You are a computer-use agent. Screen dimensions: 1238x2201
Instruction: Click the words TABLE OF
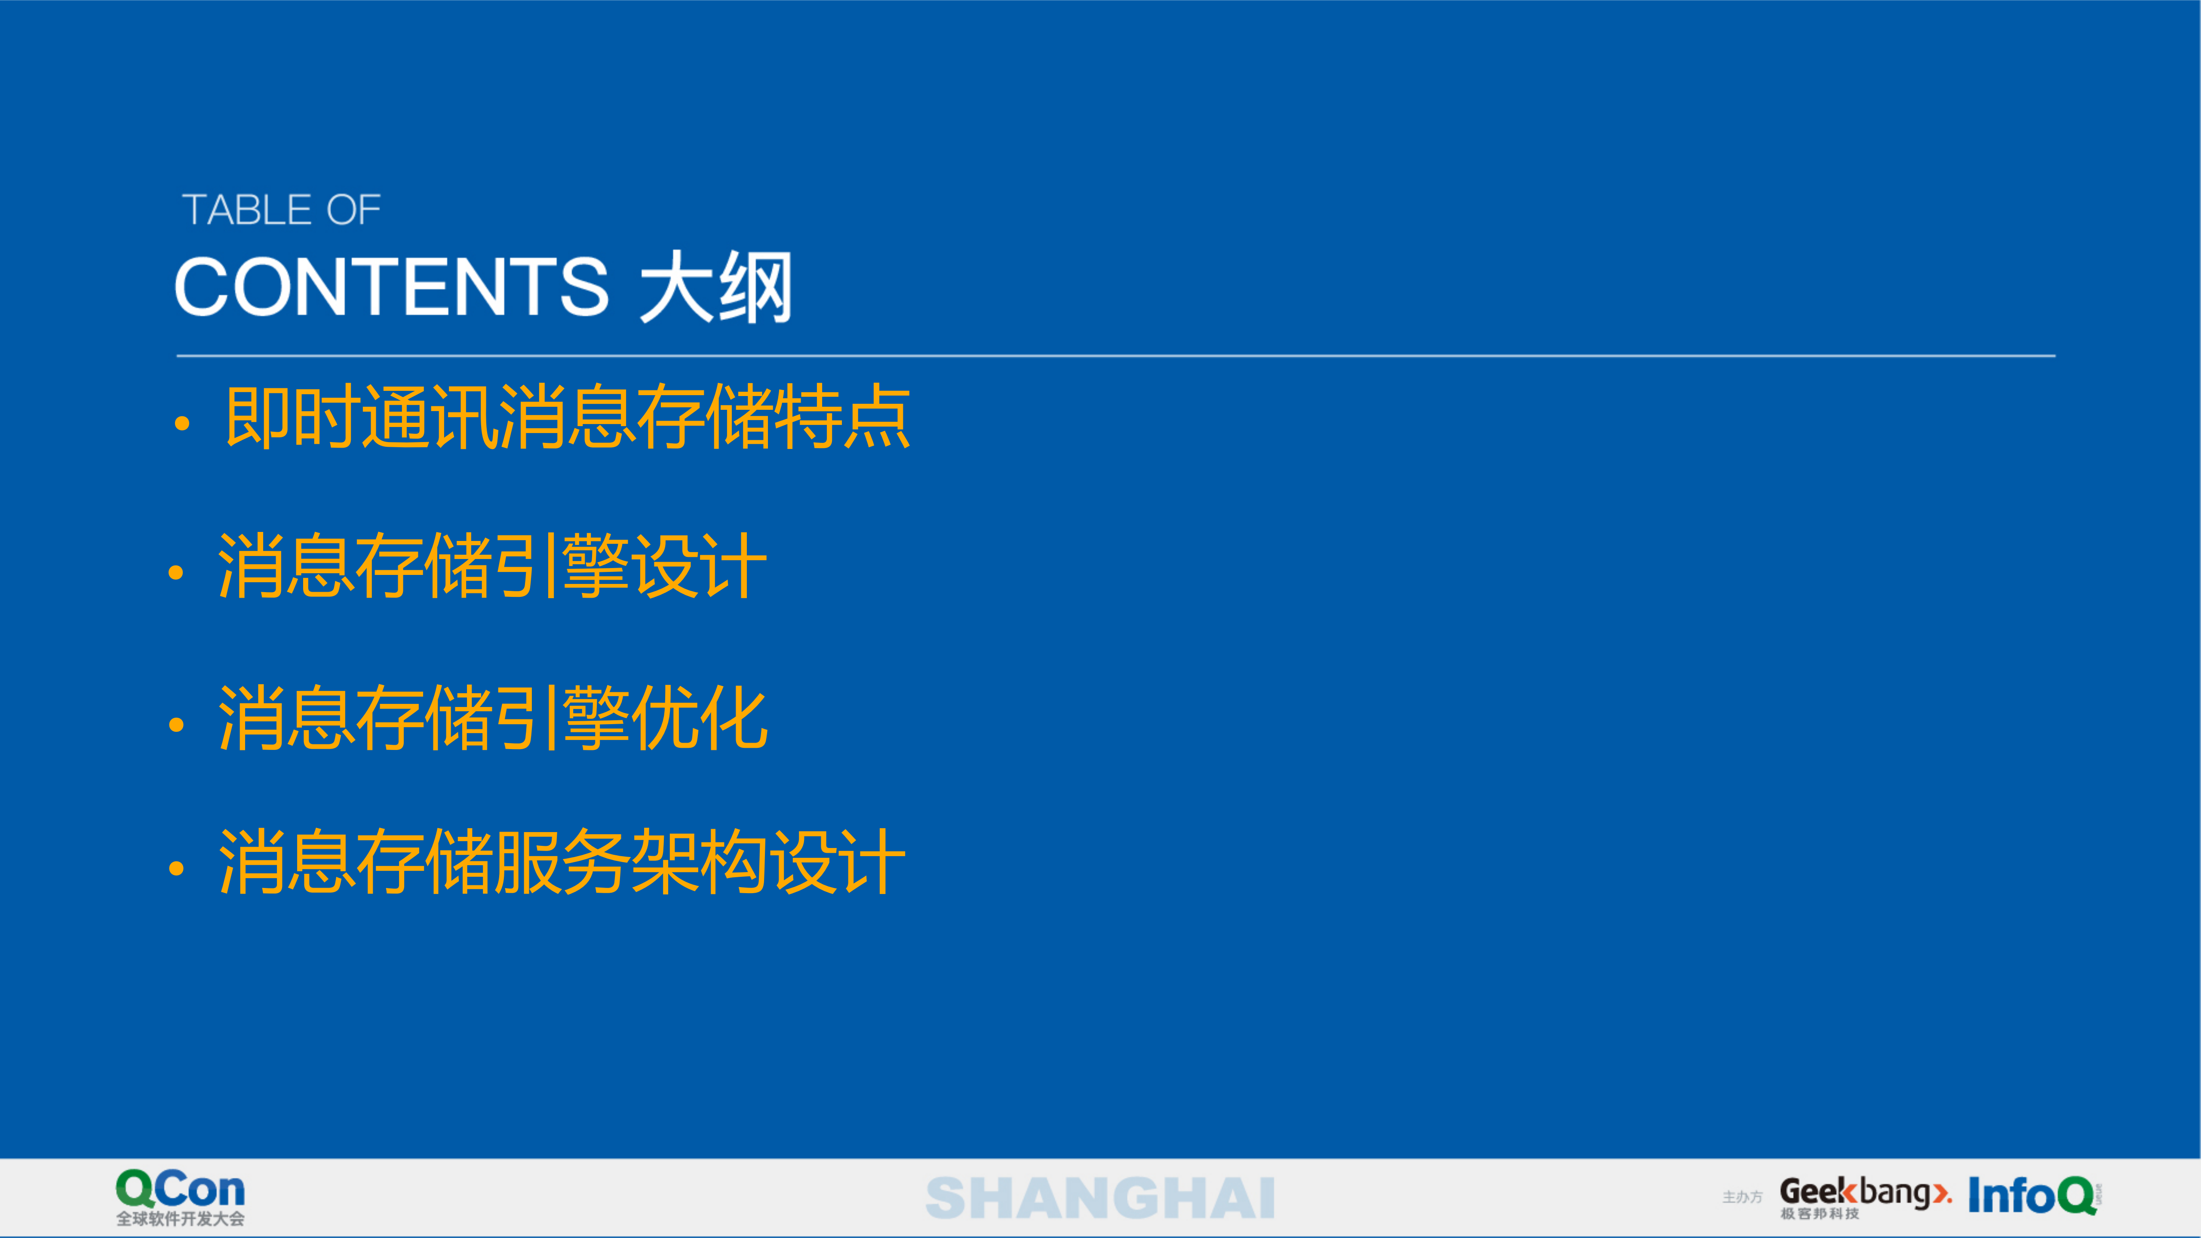coord(281,210)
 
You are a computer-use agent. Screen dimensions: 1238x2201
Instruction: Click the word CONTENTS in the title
coord(391,287)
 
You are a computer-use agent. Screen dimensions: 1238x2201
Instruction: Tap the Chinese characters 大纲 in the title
coord(716,287)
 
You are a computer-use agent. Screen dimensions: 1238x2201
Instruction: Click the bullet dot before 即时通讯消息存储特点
coord(181,423)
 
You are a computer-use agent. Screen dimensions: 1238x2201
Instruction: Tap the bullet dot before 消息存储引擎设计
coord(176,572)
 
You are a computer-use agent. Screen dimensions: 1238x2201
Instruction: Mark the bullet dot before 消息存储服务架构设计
coord(176,869)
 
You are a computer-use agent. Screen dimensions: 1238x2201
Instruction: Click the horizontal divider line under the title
coord(1115,356)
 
